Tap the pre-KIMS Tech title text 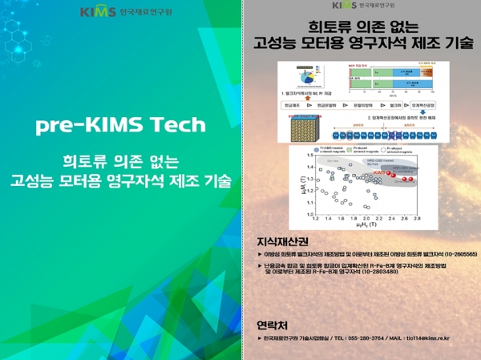pyautogui.click(x=120, y=125)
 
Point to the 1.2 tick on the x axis pyautogui.click(x=305, y=217)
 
